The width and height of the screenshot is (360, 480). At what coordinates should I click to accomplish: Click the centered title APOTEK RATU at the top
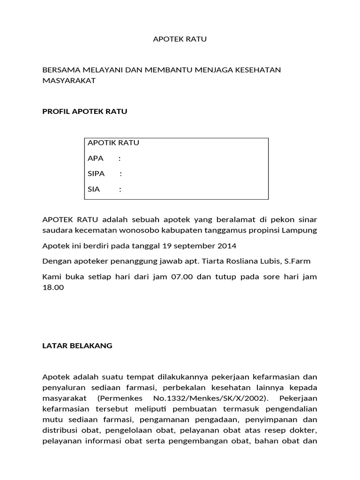(180, 39)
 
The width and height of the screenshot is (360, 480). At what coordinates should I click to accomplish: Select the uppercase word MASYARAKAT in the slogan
(69, 80)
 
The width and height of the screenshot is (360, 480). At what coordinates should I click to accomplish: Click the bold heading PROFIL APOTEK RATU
(85, 112)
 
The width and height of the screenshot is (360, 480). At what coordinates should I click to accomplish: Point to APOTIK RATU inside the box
(113, 143)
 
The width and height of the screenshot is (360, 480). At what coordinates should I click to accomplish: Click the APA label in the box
(96, 158)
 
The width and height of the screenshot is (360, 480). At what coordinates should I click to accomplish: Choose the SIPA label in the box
(96, 174)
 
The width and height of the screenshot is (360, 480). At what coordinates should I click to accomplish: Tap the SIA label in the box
(94, 189)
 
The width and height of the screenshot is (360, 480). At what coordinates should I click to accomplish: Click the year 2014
(227, 246)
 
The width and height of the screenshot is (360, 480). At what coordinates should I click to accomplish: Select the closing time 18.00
(53, 287)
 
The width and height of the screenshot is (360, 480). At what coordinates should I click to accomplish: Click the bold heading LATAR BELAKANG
(77, 346)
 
